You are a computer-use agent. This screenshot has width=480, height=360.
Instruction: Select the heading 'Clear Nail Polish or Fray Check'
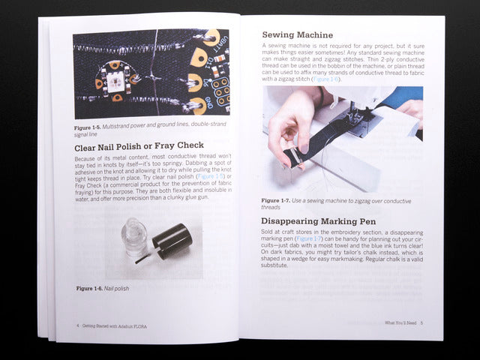139,145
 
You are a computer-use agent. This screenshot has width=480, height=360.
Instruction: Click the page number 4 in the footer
77,326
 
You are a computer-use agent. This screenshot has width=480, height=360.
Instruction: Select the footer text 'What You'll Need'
400,322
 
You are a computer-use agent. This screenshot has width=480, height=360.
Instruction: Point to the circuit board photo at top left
150,73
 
